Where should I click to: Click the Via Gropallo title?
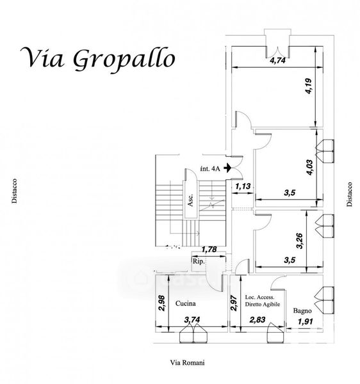point(97,60)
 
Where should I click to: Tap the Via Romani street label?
point(188,362)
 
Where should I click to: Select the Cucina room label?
point(186,303)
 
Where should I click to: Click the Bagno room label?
point(302,311)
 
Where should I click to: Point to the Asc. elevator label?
point(190,200)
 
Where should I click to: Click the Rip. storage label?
point(199,261)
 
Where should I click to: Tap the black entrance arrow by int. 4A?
point(227,168)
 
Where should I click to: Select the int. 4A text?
point(210,168)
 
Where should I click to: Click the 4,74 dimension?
point(277,60)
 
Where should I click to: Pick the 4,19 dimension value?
point(309,86)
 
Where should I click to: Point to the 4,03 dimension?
point(309,167)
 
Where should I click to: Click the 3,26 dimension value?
point(300,241)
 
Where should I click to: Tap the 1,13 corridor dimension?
point(243,187)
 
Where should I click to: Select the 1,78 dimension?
point(209,250)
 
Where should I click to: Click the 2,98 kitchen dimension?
point(162,303)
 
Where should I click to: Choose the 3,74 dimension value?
point(192,319)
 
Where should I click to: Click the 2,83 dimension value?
point(258,319)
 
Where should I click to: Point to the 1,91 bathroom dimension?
point(306,321)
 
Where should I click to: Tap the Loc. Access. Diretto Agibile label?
point(263,301)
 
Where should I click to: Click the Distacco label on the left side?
point(15,191)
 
